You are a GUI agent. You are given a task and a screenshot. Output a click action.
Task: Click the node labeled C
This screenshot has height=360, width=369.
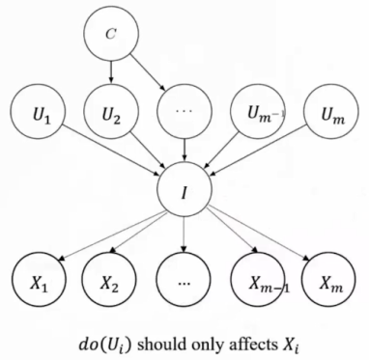point(111,34)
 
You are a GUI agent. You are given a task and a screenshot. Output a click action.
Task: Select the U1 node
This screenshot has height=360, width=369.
point(38,112)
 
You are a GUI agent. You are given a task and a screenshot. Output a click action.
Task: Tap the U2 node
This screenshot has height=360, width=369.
point(111,112)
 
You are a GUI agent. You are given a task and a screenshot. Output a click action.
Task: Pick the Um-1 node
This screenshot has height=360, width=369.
point(259,112)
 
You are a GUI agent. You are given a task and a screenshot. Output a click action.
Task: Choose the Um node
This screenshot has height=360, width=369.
point(331,112)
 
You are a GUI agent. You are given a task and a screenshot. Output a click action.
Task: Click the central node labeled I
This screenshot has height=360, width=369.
point(184,189)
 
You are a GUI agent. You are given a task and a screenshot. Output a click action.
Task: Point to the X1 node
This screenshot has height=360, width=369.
point(39,280)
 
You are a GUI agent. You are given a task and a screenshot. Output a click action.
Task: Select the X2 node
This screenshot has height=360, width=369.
point(109,280)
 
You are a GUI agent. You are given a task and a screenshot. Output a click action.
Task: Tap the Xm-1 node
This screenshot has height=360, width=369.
point(258,280)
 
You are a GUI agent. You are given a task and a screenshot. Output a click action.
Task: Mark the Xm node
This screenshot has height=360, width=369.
point(328,280)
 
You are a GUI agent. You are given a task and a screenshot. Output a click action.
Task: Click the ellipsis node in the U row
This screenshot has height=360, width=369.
point(184,112)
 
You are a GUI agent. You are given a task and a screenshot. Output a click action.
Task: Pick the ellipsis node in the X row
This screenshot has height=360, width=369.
point(184,280)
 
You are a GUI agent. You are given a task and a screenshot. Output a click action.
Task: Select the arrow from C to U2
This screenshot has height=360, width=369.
point(111,72)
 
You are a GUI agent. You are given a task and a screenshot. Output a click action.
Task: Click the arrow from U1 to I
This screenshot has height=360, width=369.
point(113,151)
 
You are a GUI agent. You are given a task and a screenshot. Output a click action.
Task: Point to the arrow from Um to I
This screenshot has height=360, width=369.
point(258,151)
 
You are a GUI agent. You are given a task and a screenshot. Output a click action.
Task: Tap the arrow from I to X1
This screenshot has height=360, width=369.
point(112,236)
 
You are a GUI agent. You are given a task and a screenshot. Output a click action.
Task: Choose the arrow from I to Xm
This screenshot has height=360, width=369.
point(258,235)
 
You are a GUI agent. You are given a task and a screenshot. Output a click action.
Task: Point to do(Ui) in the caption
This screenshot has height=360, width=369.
point(105,346)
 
